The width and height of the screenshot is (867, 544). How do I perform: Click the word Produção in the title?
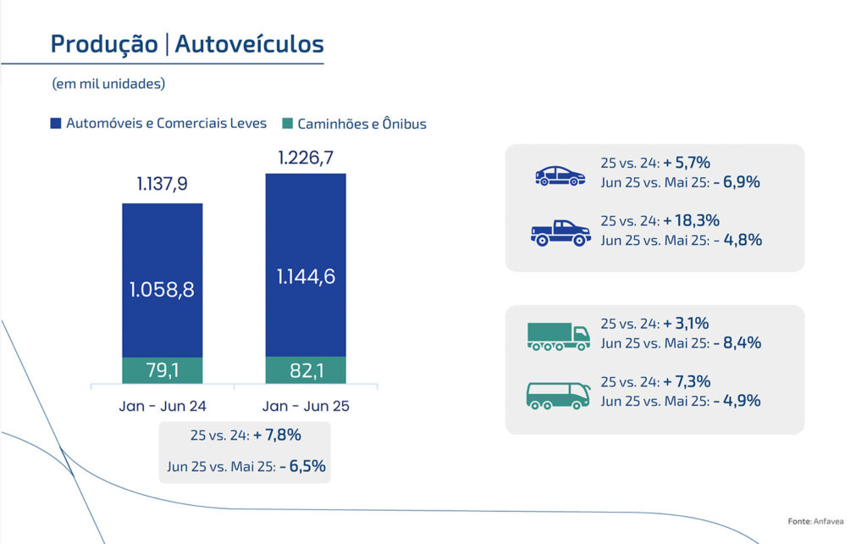pyautogui.click(x=103, y=44)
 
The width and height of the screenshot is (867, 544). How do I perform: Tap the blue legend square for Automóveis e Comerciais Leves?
pyautogui.click(x=57, y=124)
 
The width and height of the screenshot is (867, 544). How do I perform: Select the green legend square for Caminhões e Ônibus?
pyautogui.click(x=287, y=124)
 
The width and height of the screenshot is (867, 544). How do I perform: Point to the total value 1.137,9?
pyautogui.click(x=162, y=185)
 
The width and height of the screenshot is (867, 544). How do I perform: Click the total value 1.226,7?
pyautogui.click(x=306, y=158)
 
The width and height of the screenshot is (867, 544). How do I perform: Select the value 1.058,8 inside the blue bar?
pyautogui.click(x=162, y=290)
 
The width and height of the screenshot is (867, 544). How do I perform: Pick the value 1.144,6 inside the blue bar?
pyautogui.click(x=306, y=276)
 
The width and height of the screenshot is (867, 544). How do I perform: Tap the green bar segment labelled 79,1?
pyautogui.click(x=163, y=370)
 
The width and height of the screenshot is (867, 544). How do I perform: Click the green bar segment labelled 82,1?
pyautogui.click(x=306, y=370)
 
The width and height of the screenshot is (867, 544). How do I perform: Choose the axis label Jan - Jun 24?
pyautogui.click(x=163, y=406)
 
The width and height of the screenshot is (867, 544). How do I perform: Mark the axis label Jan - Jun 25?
pyautogui.click(x=306, y=406)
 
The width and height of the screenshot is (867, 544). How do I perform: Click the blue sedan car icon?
pyautogui.click(x=560, y=175)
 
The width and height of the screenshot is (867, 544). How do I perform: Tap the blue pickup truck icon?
pyautogui.click(x=560, y=232)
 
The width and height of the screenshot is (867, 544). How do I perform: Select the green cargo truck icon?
pyautogui.click(x=558, y=336)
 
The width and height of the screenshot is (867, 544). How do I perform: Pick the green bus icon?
pyautogui.click(x=558, y=395)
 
